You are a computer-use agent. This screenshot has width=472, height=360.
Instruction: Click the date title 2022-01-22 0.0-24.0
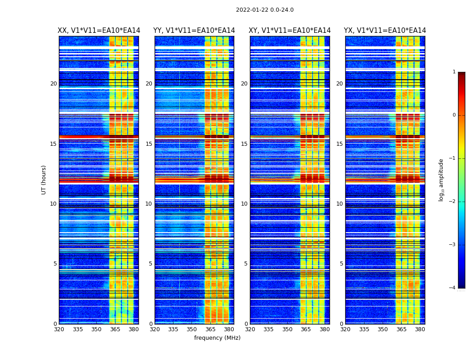click(265, 10)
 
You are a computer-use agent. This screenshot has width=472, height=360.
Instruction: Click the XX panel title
click(99, 31)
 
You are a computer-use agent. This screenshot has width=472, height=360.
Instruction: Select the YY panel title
click(194, 31)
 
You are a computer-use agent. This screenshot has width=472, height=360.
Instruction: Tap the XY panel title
click(290, 31)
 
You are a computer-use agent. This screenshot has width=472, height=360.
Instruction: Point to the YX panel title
click(385, 31)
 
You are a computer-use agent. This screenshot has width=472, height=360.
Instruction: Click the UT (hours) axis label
click(44, 180)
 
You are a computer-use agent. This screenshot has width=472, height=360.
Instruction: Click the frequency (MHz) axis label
click(217, 338)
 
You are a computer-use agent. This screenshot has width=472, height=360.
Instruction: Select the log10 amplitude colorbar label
click(441, 180)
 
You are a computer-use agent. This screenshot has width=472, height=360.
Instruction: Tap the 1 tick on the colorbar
click(454, 72)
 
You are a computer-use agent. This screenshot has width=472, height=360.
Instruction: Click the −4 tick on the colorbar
click(453, 288)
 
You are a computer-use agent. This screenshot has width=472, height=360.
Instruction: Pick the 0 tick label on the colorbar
click(454, 115)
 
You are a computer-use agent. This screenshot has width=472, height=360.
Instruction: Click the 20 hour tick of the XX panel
click(53, 84)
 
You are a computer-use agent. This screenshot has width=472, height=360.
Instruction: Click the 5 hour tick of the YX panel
click(341, 264)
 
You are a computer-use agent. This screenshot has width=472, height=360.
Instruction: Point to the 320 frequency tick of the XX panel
click(59, 329)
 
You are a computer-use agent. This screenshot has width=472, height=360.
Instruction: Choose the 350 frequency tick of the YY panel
click(192, 329)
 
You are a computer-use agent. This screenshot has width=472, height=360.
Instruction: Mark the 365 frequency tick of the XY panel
click(306, 329)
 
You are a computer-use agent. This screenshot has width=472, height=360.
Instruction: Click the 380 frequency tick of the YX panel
click(420, 329)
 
